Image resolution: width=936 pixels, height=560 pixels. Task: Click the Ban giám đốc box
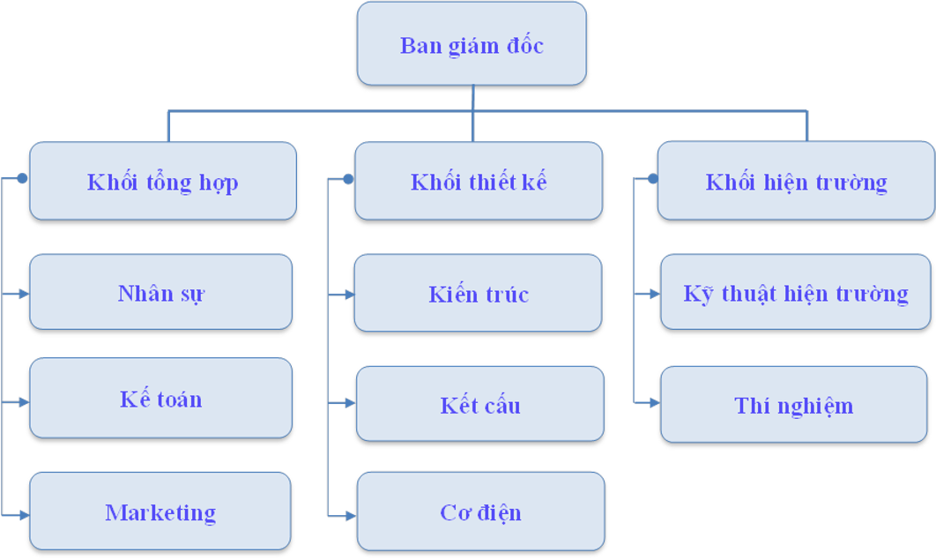[472, 44]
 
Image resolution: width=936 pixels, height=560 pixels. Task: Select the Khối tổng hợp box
[163, 181]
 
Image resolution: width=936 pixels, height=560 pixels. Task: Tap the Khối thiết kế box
[479, 181]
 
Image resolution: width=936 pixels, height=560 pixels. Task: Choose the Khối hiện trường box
[796, 181]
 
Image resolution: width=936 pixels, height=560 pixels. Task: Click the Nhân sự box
[161, 292]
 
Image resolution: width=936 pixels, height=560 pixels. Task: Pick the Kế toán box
[161, 398]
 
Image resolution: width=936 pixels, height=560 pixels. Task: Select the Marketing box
[160, 511]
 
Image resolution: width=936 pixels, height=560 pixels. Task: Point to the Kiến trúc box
[479, 293]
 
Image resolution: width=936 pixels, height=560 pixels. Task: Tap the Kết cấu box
[480, 404]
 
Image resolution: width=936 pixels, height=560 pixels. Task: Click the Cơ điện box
[481, 511]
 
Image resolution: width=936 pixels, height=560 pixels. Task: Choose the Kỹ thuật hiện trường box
[796, 292]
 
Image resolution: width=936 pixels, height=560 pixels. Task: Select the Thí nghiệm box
[794, 405]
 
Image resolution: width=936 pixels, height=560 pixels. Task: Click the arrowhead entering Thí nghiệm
[655, 402]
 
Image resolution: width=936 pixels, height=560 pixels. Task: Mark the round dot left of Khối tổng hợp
[22, 178]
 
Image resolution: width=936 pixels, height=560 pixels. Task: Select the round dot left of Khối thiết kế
[348, 179]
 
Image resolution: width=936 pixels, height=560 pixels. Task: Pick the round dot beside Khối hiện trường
[653, 179]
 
